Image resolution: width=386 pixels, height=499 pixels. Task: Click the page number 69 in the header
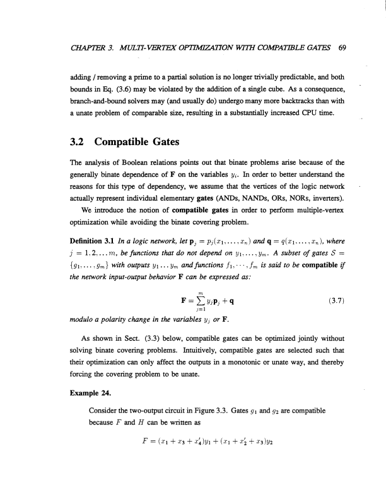pyautogui.click(x=342, y=47)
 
